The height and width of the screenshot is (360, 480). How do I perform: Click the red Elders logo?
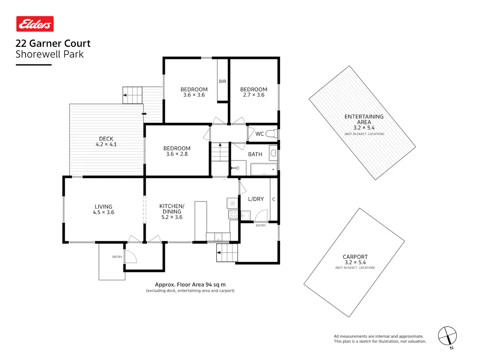point(35,24)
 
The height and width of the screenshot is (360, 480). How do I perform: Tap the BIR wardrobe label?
point(222,81)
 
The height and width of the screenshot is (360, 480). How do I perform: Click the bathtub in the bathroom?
point(264,169)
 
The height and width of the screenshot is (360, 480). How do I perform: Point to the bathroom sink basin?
point(273,153)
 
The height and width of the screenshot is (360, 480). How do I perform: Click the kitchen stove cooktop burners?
point(233,214)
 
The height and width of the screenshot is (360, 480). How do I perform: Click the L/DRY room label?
point(256,199)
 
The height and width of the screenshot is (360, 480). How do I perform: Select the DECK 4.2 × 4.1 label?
point(106,142)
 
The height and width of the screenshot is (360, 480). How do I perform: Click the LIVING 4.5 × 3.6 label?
point(104,209)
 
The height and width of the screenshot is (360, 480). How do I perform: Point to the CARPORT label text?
point(355,257)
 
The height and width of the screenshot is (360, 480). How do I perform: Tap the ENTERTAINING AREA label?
point(364,119)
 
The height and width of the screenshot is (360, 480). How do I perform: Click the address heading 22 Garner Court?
point(53,43)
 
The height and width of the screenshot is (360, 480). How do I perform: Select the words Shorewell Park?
point(50,54)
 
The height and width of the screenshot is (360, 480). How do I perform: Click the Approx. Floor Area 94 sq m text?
point(190,284)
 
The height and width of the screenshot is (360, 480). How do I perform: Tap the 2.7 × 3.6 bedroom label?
point(254,95)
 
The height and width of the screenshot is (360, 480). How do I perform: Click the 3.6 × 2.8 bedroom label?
point(177,154)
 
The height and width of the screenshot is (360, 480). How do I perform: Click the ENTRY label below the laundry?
point(261,225)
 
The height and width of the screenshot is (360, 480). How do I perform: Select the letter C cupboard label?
point(274,199)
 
